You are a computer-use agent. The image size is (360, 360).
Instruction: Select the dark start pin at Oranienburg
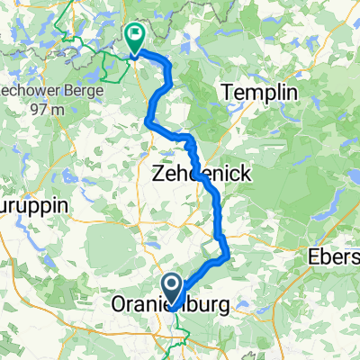[x=171, y=285]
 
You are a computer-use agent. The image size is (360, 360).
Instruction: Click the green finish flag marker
[x=135, y=37]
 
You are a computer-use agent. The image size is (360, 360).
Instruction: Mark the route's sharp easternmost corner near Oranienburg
[x=229, y=258]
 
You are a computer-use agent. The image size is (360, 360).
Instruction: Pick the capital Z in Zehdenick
[x=159, y=171]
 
